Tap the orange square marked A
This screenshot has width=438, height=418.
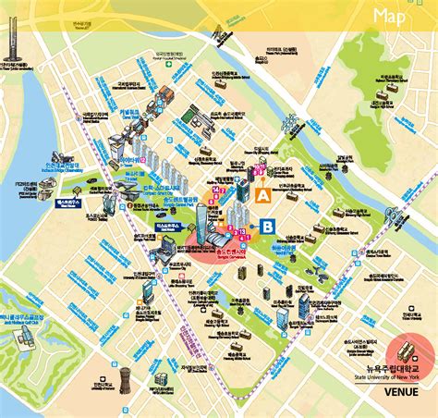tap(262, 196)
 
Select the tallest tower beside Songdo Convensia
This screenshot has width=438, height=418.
tap(203, 222)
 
